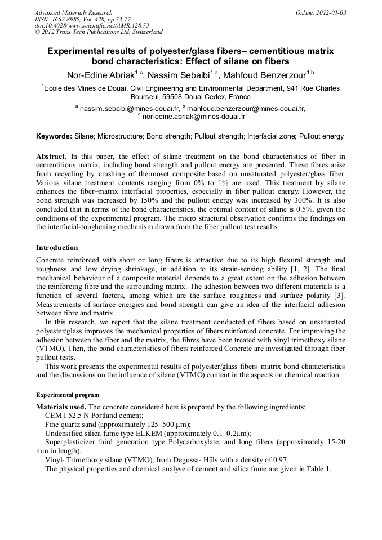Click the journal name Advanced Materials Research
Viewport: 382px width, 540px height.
[x=73, y=12]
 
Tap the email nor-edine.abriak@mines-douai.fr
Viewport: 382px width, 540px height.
[x=194, y=117]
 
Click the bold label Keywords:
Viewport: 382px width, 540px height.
[x=54, y=136]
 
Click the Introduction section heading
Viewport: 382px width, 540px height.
[x=57, y=247]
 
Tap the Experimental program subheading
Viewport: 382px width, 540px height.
[x=68, y=395]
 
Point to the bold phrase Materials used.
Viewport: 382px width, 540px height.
[x=61, y=407]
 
